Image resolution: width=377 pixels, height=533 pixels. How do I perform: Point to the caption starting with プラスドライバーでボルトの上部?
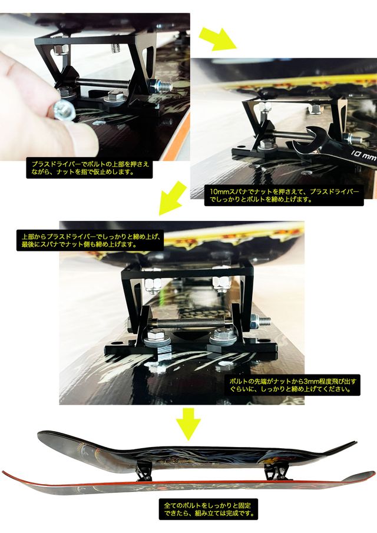coord(90,168)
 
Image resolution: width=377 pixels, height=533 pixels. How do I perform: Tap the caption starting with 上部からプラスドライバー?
coord(90,240)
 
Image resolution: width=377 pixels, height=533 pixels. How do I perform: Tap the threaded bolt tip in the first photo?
coord(164,87)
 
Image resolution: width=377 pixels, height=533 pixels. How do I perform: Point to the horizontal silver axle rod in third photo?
coord(194,323)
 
